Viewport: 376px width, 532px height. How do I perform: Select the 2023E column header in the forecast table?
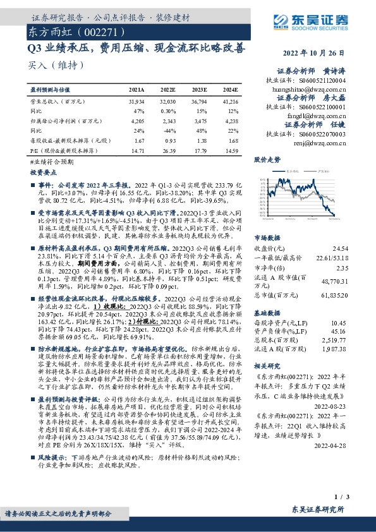pyautogui.click(x=199, y=91)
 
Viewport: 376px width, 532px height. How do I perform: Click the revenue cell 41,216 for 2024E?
pyautogui.click(x=231, y=101)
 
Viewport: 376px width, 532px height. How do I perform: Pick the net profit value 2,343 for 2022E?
pyautogui.click(x=167, y=120)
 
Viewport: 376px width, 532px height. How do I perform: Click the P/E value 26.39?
pyautogui.click(x=167, y=151)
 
